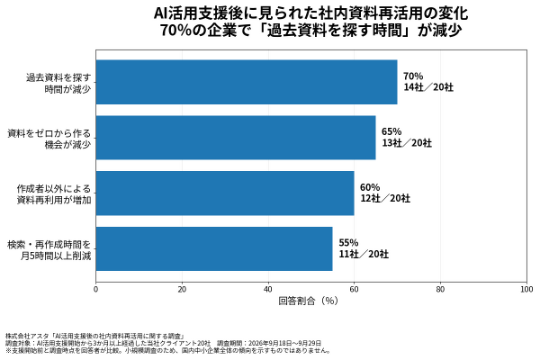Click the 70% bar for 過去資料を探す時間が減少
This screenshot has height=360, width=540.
[x=247, y=82]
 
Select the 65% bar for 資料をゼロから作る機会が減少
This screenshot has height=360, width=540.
[x=236, y=138]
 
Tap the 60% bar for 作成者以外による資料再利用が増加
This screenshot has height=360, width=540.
[x=225, y=193]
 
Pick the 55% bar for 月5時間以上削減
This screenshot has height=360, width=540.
[x=214, y=248]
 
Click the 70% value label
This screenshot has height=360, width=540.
[x=413, y=76]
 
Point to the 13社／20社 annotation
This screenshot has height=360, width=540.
[x=407, y=143]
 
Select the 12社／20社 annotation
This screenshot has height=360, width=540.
[x=385, y=198]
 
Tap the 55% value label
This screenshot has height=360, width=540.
[x=348, y=243]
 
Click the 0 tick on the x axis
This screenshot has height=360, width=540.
[x=95, y=290]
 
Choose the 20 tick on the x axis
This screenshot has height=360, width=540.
[x=182, y=290]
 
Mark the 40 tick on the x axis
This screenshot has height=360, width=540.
[x=268, y=290]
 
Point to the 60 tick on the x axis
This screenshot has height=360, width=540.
[x=354, y=290]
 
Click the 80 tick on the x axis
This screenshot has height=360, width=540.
[x=440, y=290]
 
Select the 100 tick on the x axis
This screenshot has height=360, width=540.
[x=526, y=290]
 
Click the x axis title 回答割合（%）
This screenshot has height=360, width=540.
[x=308, y=301]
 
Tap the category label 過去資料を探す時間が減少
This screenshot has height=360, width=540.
[x=58, y=83]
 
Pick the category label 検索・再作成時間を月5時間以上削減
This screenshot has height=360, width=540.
[x=49, y=250]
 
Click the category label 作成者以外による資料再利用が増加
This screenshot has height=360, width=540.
[x=54, y=194]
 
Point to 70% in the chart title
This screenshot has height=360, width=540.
[x=173, y=31]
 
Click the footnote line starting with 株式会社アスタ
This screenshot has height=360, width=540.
[x=96, y=336]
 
